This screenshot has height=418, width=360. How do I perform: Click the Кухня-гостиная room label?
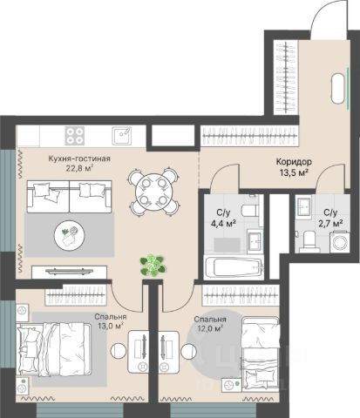(79, 158)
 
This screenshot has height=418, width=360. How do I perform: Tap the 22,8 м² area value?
(79, 168)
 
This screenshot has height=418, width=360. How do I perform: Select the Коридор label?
(294, 161)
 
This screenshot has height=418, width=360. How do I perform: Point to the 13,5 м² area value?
(294, 172)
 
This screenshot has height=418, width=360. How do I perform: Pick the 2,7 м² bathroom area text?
(330, 224)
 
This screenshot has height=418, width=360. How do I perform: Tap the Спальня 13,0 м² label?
(111, 321)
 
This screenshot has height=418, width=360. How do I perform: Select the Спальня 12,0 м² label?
(210, 324)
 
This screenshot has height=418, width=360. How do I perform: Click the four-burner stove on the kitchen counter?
(75, 136)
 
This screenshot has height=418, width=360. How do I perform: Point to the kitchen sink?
(122, 136)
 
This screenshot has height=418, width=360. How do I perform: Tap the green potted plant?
(153, 265)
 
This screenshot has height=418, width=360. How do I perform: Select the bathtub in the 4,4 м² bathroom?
(234, 267)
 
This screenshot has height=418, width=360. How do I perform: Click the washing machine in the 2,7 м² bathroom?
(340, 242)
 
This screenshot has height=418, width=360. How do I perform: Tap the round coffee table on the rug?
(70, 234)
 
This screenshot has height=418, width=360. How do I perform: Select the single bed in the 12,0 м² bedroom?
(261, 354)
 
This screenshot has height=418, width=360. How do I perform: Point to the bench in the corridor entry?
(338, 88)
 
